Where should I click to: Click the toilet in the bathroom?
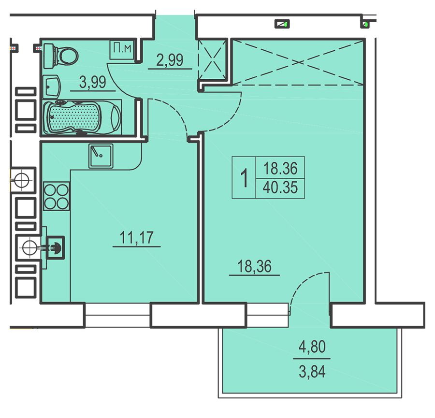tap(61, 56)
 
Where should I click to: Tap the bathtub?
tap(82, 117)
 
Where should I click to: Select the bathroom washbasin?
tap(52, 86)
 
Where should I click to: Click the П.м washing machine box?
tap(122, 50)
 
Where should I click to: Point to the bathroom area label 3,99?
tap(92, 82)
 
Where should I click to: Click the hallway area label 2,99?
tap(170, 60)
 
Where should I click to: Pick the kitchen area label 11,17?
tap(136, 238)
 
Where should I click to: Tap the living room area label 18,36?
tap(254, 266)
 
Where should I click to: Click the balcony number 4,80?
tap(312, 346)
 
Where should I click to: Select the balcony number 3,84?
tap(312, 372)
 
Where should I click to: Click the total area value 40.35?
tap(280, 187)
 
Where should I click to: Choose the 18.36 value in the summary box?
tap(280, 168)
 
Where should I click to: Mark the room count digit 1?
tap(244, 178)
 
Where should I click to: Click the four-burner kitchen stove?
tap(57, 196)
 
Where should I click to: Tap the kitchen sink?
tap(101, 156)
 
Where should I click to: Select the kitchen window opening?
tap(117, 315)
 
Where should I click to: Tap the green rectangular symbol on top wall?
tap(282, 24)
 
